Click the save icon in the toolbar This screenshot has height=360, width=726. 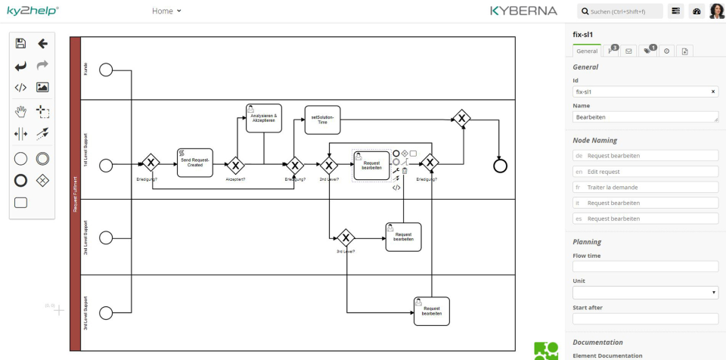tap(20, 44)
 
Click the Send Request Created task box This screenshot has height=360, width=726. tap(195, 163)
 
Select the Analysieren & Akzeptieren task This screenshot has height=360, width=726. tap(263, 118)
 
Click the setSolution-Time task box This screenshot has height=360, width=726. tap(322, 119)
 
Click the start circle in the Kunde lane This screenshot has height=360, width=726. tap(106, 70)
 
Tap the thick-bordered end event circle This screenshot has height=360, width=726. tap(499, 166)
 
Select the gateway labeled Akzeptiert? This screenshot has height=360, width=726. tap(236, 165)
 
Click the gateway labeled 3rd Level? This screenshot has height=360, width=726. tap(346, 237)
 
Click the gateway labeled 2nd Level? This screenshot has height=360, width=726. tap(329, 164)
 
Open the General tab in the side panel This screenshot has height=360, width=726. tap(586, 51)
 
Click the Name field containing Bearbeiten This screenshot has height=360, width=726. tap(645, 117)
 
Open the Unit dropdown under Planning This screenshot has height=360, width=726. tap(645, 292)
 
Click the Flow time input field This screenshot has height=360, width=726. tap(645, 266)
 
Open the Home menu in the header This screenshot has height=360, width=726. tap(166, 11)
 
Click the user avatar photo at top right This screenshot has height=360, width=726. tap(716, 11)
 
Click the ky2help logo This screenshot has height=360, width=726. tap(33, 11)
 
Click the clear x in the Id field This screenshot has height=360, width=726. tap(713, 92)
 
